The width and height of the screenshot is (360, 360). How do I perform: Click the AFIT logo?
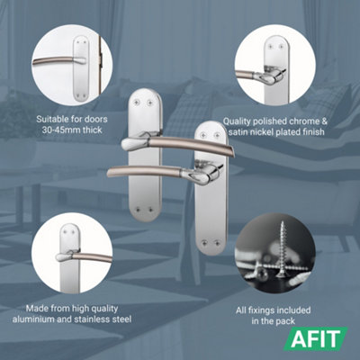coord(316,339)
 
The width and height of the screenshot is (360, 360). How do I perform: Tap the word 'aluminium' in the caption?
coord(32,319)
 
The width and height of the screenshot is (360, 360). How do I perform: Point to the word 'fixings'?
coord(263,310)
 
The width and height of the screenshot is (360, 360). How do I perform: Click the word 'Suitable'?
coord(52,119)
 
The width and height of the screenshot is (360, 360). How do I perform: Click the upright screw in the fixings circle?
coord(282,249)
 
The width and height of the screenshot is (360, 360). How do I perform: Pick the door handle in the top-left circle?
coord(59,61)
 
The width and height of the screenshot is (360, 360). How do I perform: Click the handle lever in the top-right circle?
coord(258,76)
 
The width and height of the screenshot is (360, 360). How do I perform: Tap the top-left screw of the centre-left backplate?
coord(137,103)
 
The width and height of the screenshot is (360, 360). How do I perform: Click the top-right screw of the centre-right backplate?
coord(217,135)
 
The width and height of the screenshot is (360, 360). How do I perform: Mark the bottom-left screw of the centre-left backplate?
coord(138,209)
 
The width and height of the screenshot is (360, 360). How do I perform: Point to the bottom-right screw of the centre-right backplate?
coord(218,241)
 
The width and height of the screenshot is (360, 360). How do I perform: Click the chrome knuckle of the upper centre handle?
coord(135,143)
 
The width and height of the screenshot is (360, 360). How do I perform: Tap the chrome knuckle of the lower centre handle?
coord(198,174)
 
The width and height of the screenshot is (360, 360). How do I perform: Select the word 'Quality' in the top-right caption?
coord(237,121)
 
